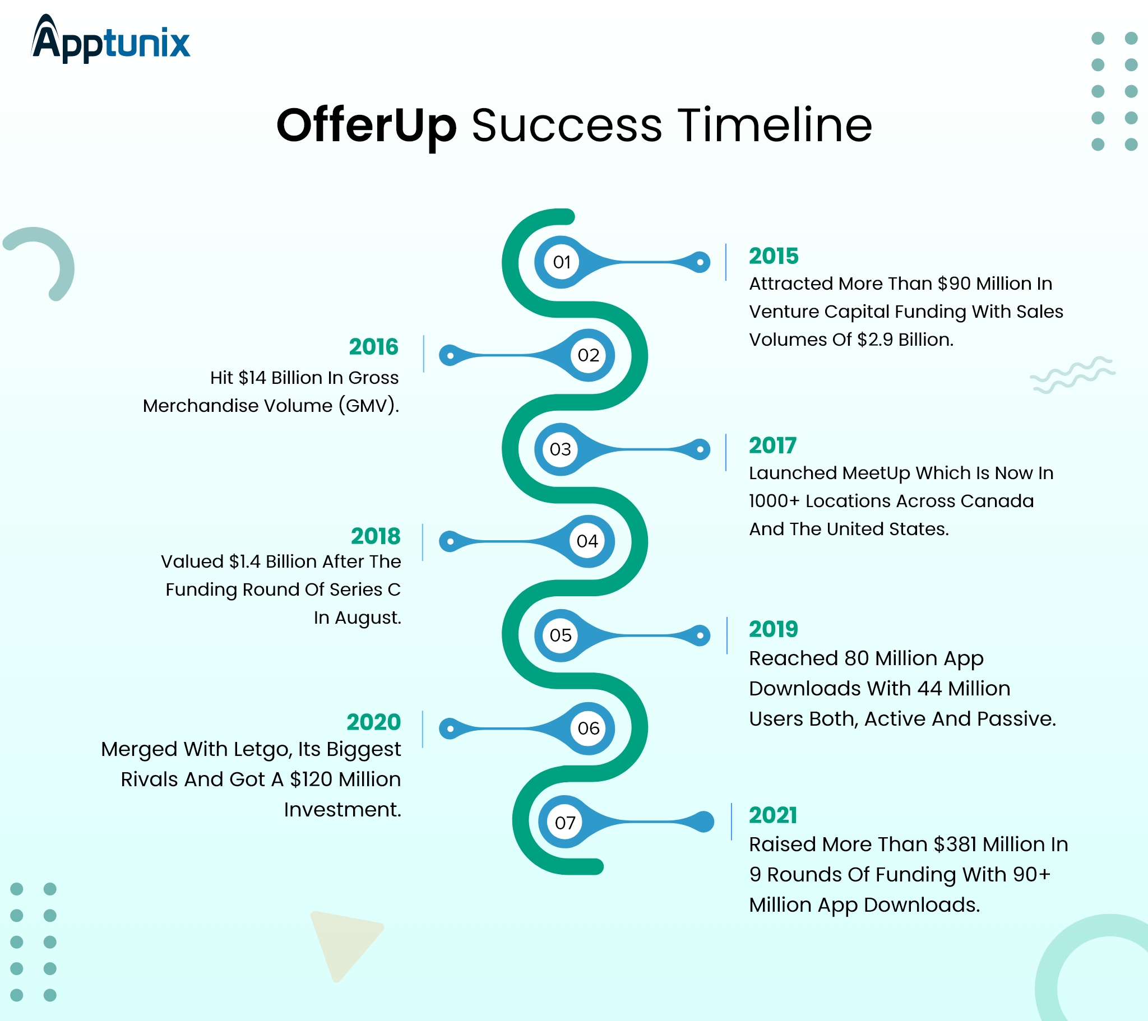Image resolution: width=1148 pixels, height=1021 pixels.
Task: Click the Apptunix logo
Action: pyautogui.click(x=110, y=39)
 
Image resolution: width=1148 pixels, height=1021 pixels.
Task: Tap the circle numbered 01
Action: pyautogui.click(x=561, y=262)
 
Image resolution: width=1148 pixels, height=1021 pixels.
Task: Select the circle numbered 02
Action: pyautogui.click(x=588, y=355)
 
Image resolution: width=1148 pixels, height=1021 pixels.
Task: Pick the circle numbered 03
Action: pyautogui.click(x=560, y=449)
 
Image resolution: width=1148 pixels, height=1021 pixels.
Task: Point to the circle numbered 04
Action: pyautogui.click(x=587, y=541)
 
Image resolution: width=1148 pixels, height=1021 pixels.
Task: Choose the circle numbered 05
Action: pyautogui.click(x=560, y=635)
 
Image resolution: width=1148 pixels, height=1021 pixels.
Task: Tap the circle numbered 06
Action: pyautogui.click(x=588, y=728)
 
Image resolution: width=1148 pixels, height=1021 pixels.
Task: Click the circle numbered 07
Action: pyautogui.click(x=564, y=823)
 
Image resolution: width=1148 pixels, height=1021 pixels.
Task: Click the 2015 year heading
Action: pyautogui.click(x=774, y=256)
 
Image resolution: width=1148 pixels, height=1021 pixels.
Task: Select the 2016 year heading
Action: pyautogui.click(x=373, y=347)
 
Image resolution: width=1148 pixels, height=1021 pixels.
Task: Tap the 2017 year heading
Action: pyautogui.click(x=772, y=446)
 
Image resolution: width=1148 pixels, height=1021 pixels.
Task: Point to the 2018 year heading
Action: pyautogui.click(x=375, y=536)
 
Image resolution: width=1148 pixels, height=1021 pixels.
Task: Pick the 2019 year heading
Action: pyautogui.click(x=773, y=629)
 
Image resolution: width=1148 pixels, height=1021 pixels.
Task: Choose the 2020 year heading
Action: pyautogui.click(x=373, y=722)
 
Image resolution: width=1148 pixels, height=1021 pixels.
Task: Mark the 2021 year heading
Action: pyautogui.click(x=773, y=815)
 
